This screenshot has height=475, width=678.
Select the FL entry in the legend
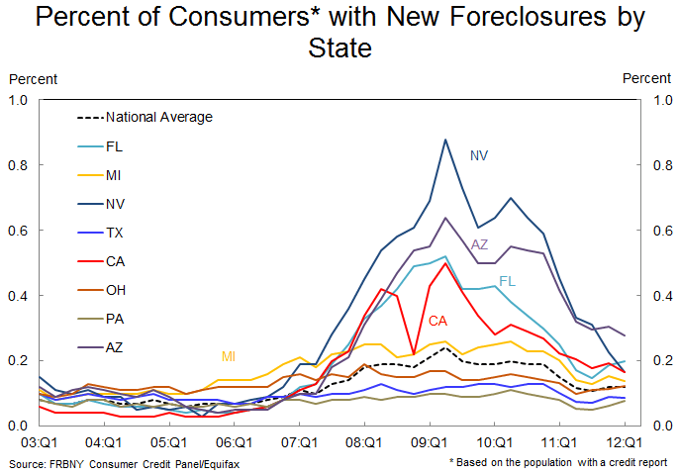point(115,145)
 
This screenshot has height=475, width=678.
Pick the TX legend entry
point(115,233)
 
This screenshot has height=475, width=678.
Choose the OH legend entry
point(116,290)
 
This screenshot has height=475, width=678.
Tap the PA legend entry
point(115,319)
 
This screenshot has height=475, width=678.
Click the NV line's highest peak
point(445,140)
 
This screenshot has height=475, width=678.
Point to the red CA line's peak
point(445,262)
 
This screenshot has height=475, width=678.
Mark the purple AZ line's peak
point(445,218)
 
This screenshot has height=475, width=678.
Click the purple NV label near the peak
point(479,155)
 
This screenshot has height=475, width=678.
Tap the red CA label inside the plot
point(438,321)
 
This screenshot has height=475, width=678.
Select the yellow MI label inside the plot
point(229,355)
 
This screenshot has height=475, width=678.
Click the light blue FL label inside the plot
point(508,281)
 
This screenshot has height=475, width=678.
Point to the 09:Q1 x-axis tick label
point(430,442)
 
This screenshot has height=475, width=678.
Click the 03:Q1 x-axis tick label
point(38,442)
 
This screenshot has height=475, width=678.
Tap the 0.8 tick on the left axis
point(19,165)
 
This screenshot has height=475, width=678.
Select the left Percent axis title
point(33,78)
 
